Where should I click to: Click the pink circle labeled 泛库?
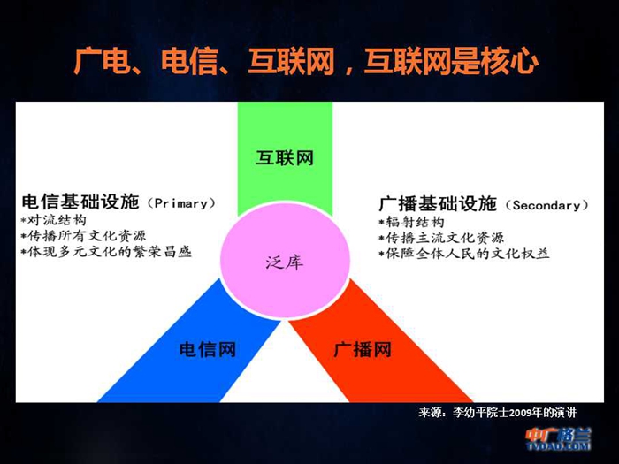point(285,260)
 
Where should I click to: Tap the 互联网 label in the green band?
point(284,158)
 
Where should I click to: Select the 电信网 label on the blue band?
point(208,350)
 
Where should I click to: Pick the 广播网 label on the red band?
point(363,349)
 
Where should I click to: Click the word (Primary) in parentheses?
point(181,203)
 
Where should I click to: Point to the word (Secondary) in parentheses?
point(546,205)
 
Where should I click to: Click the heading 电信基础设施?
point(80,202)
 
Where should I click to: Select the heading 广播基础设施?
point(438,203)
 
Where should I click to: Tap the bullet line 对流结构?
point(53,220)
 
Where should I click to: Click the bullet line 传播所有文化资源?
point(84,236)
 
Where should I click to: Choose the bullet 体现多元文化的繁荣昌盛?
point(107,251)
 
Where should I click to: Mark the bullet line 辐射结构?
point(411,222)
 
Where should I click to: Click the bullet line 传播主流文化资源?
point(441,238)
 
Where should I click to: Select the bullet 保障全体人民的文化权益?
point(464,254)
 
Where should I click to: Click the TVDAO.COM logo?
point(558,438)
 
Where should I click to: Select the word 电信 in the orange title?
point(190,62)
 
